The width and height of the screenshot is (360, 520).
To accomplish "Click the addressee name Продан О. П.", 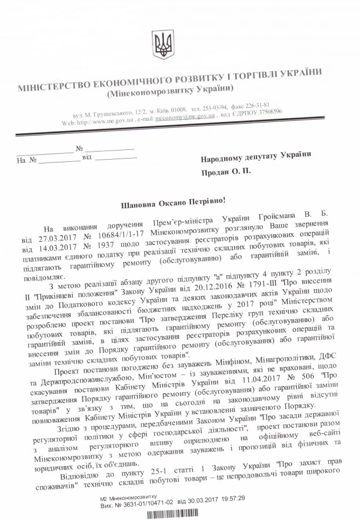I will tap(226, 173).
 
